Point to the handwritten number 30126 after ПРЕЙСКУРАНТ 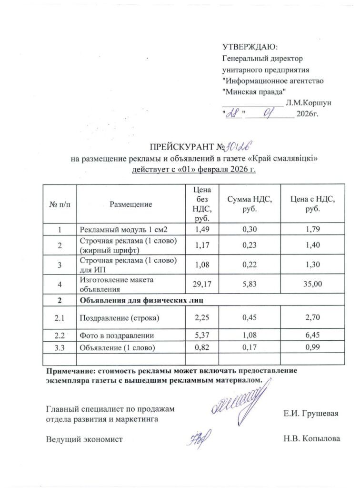tap(239, 145)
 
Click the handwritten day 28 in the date tap(234, 114)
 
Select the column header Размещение tap(130, 204)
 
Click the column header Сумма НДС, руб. tap(249, 204)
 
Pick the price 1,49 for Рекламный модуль tap(200, 231)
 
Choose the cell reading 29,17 tap(200, 285)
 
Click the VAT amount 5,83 tap(249, 285)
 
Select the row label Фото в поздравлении tap(117, 335)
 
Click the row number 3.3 tap(60, 347)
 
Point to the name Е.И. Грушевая tap(310, 413)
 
